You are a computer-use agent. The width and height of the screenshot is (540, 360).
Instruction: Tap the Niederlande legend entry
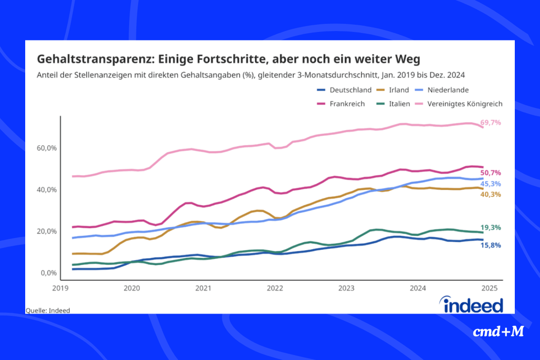coord(450,90)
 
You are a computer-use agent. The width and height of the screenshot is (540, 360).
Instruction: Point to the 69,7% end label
coord(490,122)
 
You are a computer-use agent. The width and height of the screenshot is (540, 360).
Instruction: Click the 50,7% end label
coord(490,173)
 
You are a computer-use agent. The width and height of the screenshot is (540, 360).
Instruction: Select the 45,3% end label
coord(490,184)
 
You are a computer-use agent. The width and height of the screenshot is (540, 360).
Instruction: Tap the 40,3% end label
coord(490,194)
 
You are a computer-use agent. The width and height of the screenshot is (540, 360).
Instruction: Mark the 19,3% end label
coord(490,227)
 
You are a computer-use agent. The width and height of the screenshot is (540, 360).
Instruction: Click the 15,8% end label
coord(490,245)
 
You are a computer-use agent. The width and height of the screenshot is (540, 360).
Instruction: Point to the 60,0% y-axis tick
coord(47,148)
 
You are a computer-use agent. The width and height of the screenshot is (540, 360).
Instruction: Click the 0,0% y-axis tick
coord(48,273)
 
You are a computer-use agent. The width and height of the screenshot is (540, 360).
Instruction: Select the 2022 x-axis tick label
coord(274,288)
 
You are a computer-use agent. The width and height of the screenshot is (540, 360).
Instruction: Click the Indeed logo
coord(473,305)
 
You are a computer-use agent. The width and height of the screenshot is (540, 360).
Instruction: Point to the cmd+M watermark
coord(499,332)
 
